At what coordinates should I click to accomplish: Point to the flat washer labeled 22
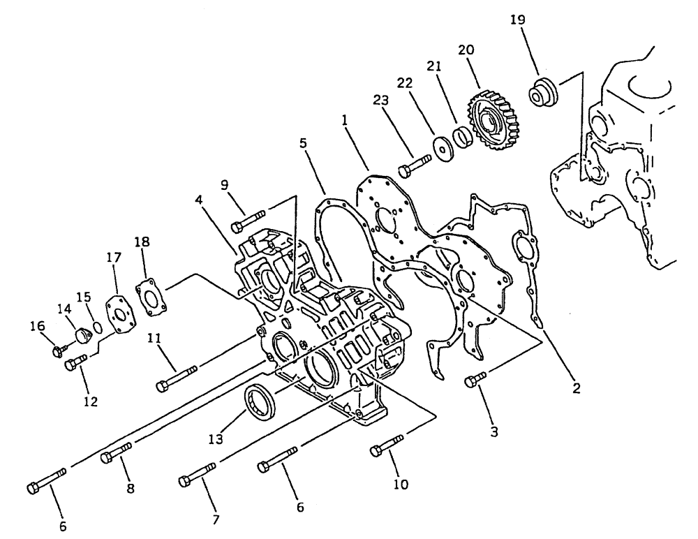441,148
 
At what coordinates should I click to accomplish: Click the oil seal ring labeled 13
260,404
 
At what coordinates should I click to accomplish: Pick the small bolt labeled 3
475,380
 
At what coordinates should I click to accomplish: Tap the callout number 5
302,144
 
